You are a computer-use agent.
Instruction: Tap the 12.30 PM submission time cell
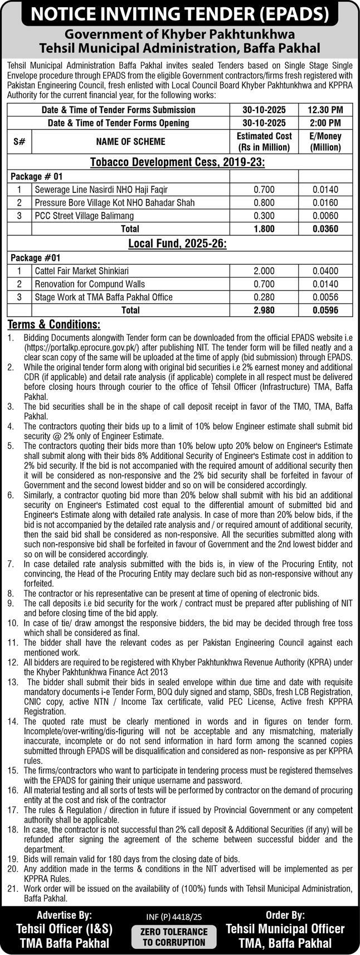point(325,110)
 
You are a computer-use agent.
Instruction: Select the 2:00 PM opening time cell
point(325,123)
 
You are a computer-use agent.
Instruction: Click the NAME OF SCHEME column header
point(130,142)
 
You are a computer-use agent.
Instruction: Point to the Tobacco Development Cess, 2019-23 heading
point(177,162)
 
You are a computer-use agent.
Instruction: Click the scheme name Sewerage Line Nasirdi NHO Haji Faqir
point(101,190)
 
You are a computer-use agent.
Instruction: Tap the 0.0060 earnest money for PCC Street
point(325,216)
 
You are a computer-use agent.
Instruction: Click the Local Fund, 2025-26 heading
point(177,244)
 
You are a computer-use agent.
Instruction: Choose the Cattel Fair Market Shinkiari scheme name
point(82,271)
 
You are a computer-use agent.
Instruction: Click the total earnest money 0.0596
point(325,310)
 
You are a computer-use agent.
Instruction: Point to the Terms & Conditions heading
point(54,324)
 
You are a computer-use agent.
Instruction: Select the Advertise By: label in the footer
point(64,915)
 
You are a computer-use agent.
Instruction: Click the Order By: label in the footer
point(285,915)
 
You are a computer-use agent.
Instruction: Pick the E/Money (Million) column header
point(325,142)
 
